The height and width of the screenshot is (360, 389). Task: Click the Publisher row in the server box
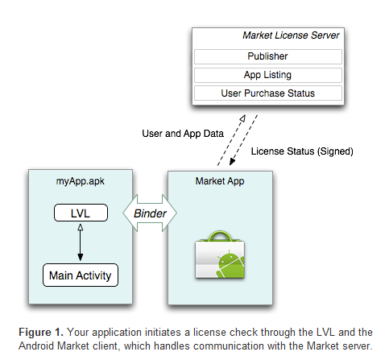[x=268, y=56]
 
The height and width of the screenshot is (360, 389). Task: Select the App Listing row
[x=268, y=75]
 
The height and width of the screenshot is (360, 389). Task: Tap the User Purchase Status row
[x=268, y=93]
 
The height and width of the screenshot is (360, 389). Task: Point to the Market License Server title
[x=291, y=35]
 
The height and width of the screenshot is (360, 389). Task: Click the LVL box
[x=81, y=213]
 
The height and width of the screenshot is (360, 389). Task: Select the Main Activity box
[x=81, y=275]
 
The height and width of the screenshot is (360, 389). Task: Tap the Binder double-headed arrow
[x=150, y=213]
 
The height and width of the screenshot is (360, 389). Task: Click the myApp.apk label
[x=81, y=181]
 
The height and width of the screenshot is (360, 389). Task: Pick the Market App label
[x=220, y=181]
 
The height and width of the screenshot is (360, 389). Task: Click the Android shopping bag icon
[x=220, y=254]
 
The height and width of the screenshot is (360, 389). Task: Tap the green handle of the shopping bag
[x=220, y=236]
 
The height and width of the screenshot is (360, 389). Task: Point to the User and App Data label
[x=183, y=134]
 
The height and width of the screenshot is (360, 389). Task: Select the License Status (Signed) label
[x=302, y=151]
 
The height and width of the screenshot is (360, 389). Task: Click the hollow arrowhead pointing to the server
[x=242, y=118]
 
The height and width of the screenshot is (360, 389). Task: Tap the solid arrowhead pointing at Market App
[x=232, y=161]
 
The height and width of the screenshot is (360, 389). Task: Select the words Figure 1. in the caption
[x=41, y=333]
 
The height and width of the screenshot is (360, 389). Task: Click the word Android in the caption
[x=36, y=346]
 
